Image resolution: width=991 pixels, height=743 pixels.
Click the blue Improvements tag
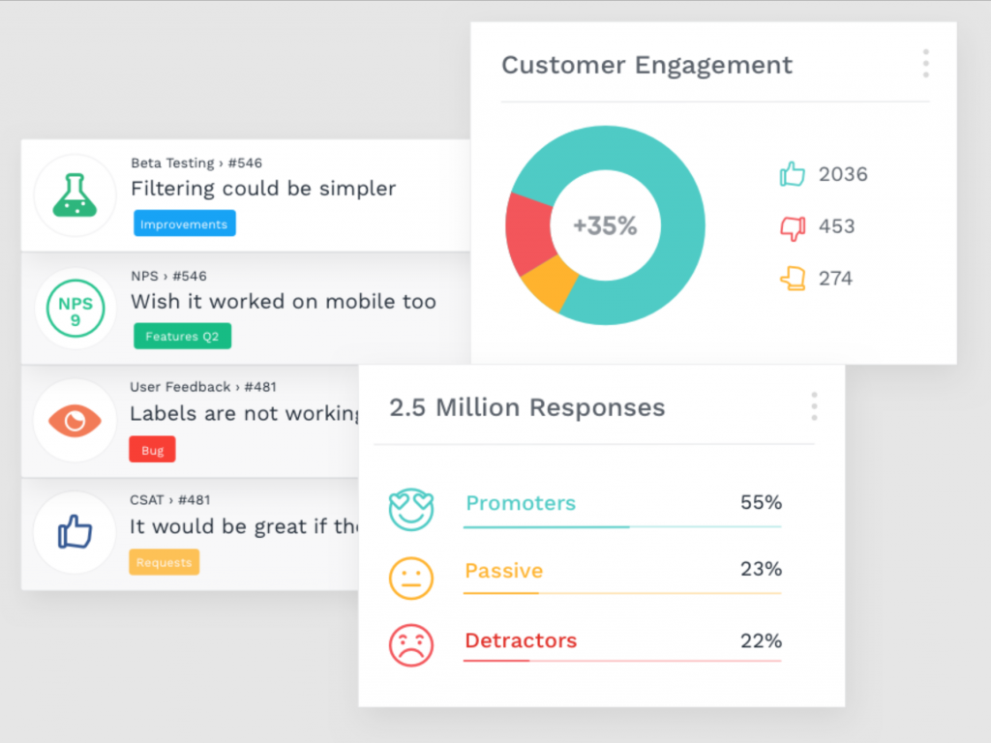click(184, 224)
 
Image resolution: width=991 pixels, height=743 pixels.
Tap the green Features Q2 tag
click(182, 337)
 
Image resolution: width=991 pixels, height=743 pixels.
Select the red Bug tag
click(152, 450)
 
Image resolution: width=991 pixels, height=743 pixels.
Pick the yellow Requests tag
click(164, 562)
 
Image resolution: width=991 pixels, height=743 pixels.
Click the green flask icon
click(75, 195)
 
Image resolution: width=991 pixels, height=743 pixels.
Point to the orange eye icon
click(75, 420)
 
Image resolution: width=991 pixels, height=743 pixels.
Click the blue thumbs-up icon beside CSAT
click(75, 532)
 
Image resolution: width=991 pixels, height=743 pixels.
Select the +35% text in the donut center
click(605, 226)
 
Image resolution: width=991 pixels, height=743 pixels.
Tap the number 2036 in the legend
click(843, 174)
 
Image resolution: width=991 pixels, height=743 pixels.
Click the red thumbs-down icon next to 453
click(793, 227)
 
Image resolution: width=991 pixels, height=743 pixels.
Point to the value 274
click(835, 279)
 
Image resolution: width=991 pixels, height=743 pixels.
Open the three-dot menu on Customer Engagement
click(926, 63)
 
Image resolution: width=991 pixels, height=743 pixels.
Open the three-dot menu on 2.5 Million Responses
click(814, 406)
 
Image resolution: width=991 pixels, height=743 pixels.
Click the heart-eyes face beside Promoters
click(410, 509)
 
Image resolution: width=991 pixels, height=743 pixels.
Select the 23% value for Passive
click(761, 569)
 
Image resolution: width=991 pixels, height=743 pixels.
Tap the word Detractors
click(521, 640)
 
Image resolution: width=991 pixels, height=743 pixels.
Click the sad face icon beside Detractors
click(410, 644)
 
